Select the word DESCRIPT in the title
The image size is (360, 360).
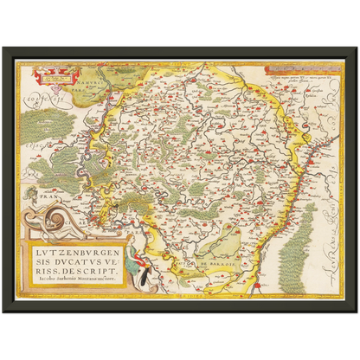click(x=87, y=276)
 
